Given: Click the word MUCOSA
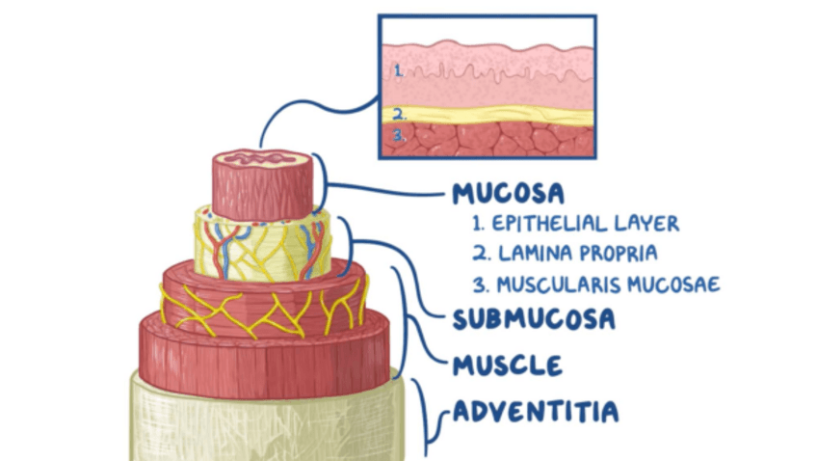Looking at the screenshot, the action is pos(508,193).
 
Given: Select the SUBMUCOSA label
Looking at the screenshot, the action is pos(533,318).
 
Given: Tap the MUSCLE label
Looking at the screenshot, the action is pos(507,366).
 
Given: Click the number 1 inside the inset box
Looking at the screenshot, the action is pos(397,70).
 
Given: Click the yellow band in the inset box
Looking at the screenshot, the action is pos(491,114).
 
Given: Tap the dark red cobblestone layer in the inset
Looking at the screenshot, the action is pos(491,139).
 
